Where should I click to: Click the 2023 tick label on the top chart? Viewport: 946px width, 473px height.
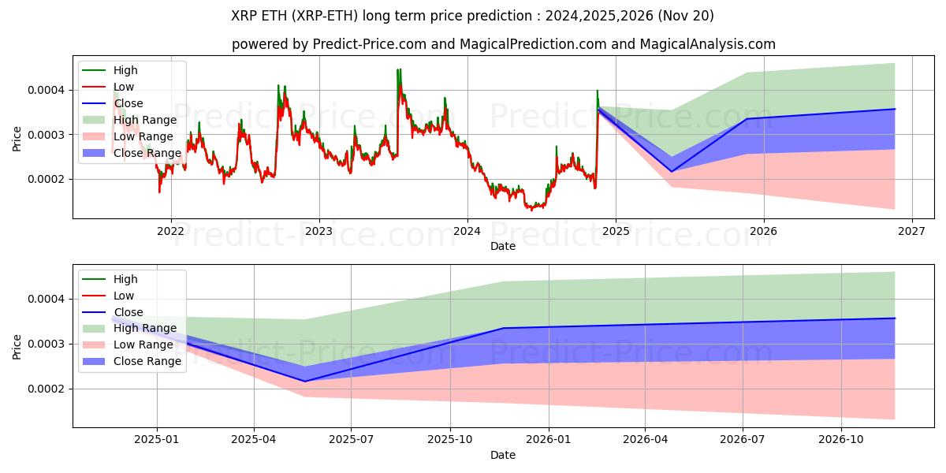318,231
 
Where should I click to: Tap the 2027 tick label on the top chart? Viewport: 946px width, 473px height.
911,231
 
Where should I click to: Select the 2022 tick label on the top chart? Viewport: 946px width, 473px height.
170,231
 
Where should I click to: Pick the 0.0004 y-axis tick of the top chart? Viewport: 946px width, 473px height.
47,90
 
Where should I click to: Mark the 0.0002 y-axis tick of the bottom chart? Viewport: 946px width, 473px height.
47,389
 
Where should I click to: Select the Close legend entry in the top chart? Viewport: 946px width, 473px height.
128,103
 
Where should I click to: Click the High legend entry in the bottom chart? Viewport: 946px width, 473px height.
125,279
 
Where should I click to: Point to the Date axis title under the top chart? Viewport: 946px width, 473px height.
503,246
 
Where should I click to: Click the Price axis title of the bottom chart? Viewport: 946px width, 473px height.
17,346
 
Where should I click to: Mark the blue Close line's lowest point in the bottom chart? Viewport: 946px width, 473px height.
304,382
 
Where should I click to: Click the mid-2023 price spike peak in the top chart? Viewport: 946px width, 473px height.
399,70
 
